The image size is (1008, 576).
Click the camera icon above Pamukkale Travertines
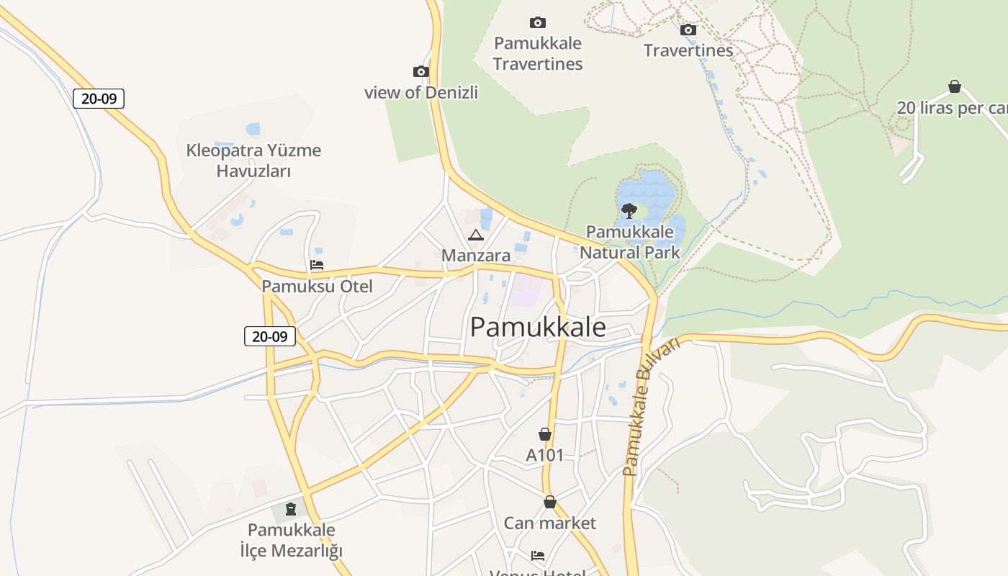click(x=537, y=22)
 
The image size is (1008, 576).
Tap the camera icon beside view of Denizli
click(x=421, y=71)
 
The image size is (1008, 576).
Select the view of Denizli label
click(x=421, y=93)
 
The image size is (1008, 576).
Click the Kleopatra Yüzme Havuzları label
click(x=253, y=161)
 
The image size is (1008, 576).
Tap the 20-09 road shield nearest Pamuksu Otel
click(x=270, y=336)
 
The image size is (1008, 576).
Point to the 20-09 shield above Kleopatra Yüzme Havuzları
click(x=99, y=99)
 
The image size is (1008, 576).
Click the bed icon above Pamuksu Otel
click(x=317, y=265)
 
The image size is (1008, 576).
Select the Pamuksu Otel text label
click(x=317, y=287)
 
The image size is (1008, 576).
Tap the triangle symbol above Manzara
click(x=475, y=235)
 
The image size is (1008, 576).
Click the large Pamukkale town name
click(x=538, y=328)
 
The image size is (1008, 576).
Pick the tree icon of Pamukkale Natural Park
click(x=629, y=211)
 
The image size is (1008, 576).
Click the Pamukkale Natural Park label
click(x=630, y=243)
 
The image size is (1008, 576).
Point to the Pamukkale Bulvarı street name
click(x=651, y=407)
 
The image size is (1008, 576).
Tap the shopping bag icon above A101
click(x=545, y=434)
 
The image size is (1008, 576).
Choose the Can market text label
click(x=550, y=523)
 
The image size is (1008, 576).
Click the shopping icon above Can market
click(x=550, y=502)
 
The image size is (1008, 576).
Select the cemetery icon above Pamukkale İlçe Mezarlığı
click(x=291, y=510)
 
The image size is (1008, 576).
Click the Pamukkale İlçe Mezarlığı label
click(x=291, y=541)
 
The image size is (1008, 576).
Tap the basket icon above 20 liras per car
click(x=955, y=87)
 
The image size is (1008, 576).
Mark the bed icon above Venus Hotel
click(x=538, y=555)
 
